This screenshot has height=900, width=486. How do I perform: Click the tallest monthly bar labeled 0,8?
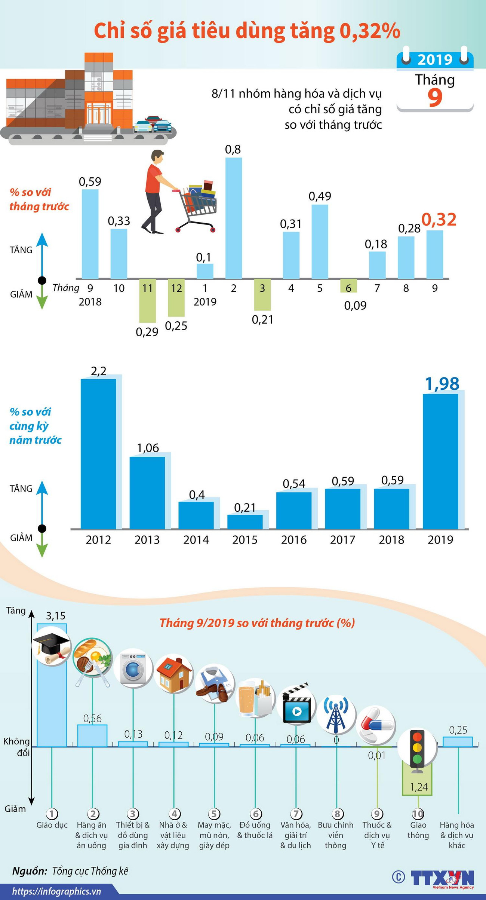click(x=234, y=218)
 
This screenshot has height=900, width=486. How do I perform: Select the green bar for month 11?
click(x=147, y=300)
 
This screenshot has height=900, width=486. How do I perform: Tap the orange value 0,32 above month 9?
click(x=439, y=220)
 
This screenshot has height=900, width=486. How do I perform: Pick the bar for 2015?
click(x=245, y=521)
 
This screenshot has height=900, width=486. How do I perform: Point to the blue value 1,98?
click(x=442, y=384)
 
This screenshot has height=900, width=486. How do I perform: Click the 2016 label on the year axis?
click(x=294, y=540)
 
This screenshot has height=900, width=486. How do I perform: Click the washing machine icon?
click(x=133, y=668)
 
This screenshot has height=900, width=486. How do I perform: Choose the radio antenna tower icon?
click(x=336, y=714)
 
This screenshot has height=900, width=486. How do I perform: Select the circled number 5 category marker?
click(x=214, y=814)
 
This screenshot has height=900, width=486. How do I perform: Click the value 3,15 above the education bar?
click(x=55, y=615)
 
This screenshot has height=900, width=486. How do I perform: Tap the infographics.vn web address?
click(x=57, y=891)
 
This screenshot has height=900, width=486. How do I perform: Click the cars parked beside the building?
click(x=153, y=125)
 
